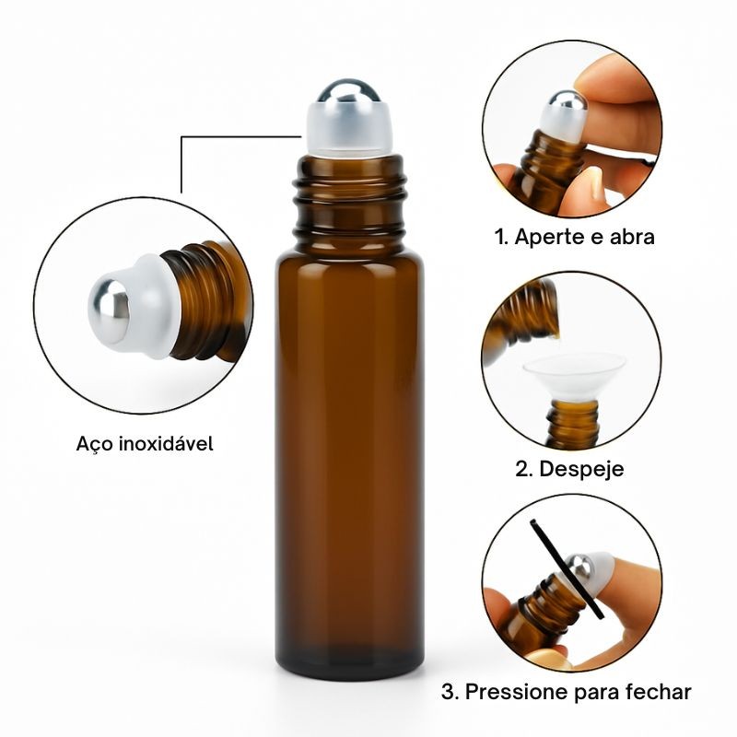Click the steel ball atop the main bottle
point(349,90)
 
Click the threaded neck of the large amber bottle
point(349,202)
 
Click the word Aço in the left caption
point(92,443)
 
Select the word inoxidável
point(166,443)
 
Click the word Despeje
point(581,469)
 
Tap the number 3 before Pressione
point(450,692)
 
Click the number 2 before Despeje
point(523,469)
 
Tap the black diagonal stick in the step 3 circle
point(567,568)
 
